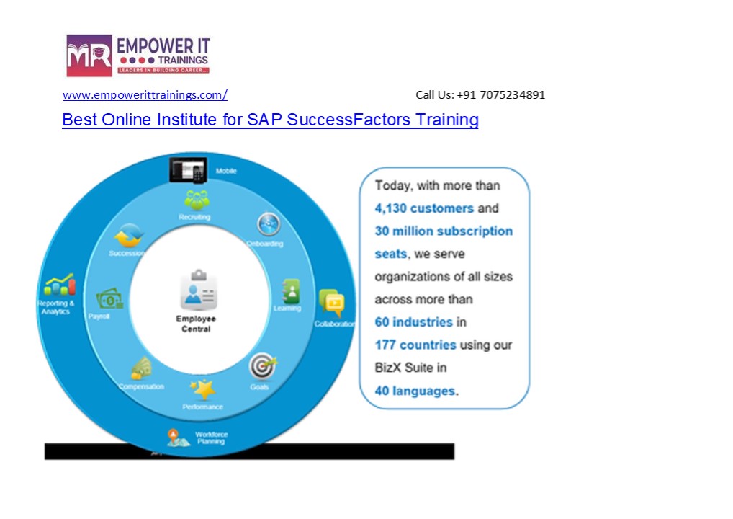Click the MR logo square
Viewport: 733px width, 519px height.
(89, 56)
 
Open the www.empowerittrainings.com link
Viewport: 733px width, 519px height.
(145, 95)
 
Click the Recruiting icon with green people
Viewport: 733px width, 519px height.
(195, 200)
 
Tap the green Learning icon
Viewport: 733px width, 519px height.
(290, 290)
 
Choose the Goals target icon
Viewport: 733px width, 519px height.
(261, 367)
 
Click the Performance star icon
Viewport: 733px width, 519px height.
(202, 389)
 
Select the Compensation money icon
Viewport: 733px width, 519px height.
(141, 369)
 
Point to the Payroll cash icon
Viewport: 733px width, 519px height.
(109, 298)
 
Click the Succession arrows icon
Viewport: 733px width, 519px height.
(129, 236)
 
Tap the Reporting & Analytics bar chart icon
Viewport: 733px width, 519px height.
(59, 285)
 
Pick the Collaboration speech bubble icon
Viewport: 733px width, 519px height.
(331, 303)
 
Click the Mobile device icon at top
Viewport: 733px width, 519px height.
(187, 170)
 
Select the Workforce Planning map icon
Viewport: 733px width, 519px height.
(174, 436)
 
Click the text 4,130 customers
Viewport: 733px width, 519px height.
(424, 208)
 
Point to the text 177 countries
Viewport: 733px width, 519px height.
(415, 345)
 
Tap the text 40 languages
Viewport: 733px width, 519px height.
(415, 391)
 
